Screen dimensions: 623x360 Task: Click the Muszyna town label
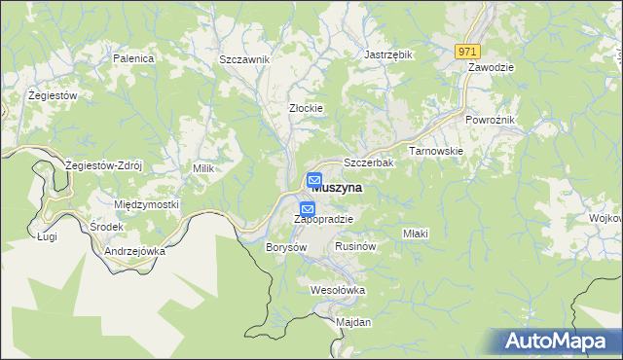point(338,189)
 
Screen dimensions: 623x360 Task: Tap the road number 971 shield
point(468,51)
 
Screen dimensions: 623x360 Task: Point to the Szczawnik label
point(243,59)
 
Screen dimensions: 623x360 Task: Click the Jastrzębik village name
point(388,55)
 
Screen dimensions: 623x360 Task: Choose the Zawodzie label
point(491,67)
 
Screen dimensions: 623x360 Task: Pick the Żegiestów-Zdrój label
point(103,165)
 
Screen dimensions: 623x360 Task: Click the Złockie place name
point(306,108)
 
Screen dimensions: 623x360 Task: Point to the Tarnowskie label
point(435,151)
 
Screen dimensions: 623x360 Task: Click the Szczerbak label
point(368,162)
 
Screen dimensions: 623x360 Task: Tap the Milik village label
point(202,168)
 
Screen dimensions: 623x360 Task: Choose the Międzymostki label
point(147,205)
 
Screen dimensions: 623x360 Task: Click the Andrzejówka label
point(134,250)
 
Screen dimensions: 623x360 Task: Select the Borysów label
point(286,247)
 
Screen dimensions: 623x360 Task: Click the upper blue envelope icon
point(315,180)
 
